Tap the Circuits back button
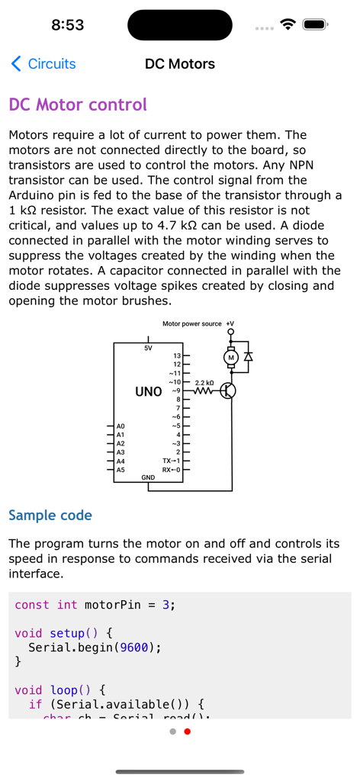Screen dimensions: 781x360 [x=43, y=64]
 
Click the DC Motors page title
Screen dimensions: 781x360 [x=180, y=64]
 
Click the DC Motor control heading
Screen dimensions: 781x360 [x=77, y=104]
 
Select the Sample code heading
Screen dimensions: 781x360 [x=50, y=516]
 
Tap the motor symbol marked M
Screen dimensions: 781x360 [x=231, y=357]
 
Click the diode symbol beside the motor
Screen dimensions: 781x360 [x=248, y=356]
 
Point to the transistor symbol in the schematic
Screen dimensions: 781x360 [x=228, y=391]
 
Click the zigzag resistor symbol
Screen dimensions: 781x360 [x=204, y=391]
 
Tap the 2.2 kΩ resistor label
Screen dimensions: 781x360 [x=204, y=381]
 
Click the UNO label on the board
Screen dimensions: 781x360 [x=148, y=392]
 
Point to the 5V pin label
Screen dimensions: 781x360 [x=148, y=348]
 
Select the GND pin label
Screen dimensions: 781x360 [x=148, y=477]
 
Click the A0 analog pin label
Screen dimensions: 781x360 [x=121, y=426]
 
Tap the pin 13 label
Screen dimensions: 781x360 [x=177, y=355]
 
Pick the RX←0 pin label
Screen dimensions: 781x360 [x=171, y=470]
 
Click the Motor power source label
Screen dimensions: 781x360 [x=192, y=324]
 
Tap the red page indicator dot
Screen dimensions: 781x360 [x=188, y=731]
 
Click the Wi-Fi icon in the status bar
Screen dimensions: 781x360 [x=288, y=24]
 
